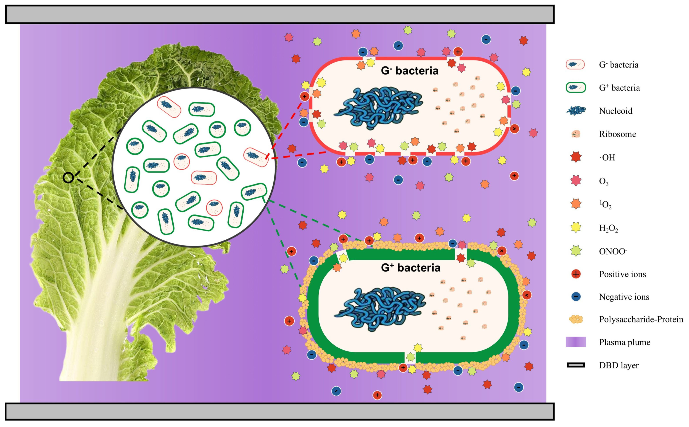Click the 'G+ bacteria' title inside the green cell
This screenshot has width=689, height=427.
(x=410, y=267)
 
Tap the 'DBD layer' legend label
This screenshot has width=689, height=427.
(x=619, y=365)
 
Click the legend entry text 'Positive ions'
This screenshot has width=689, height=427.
(x=622, y=274)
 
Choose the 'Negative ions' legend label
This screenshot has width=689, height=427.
(x=624, y=297)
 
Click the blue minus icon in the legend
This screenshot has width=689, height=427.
(x=576, y=297)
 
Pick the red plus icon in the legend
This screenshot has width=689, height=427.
(x=576, y=274)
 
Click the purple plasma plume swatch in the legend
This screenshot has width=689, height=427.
(x=576, y=342)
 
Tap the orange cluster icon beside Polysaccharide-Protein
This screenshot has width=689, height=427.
(x=576, y=319)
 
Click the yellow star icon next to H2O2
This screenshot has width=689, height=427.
(x=576, y=227)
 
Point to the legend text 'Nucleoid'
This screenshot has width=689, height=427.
(x=615, y=111)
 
